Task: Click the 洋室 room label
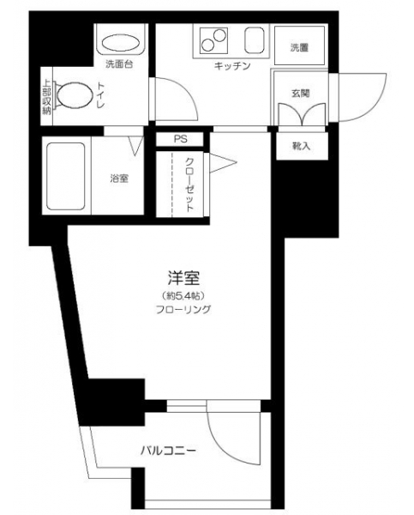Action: (x=183, y=278)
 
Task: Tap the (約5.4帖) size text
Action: (x=183, y=295)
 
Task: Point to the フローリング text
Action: (x=183, y=309)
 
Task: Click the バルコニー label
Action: (x=169, y=451)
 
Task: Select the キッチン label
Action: (x=232, y=66)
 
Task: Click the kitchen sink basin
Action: (x=255, y=39)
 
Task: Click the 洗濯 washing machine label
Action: (x=299, y=47)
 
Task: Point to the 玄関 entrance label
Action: (x=301, y=94)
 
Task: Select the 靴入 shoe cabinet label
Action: (x=301, y=146)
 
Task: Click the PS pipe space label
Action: (x=180, y=139)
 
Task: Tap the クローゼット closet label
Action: (x=189, y=185)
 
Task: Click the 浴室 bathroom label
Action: (x=119, y=179)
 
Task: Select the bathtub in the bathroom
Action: (x=66, y=176)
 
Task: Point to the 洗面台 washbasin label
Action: (x=119, y=64)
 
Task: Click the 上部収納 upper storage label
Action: (x=47, y=97)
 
